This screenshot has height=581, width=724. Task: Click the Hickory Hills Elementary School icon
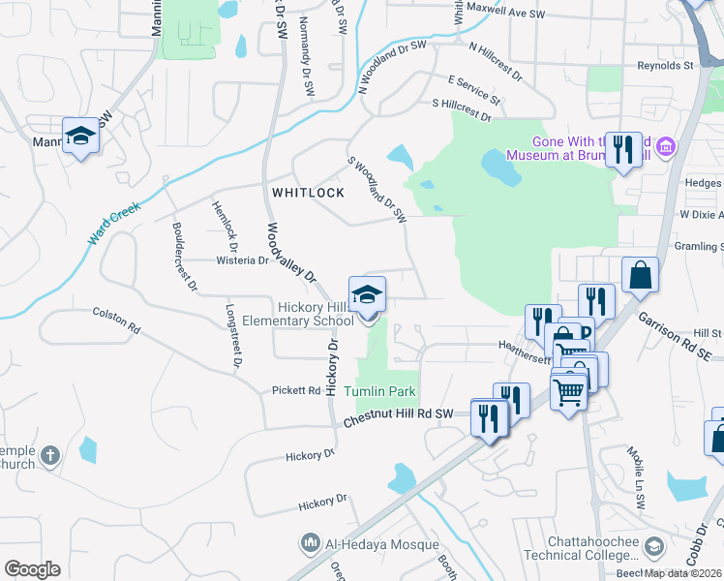(x=367, y=294)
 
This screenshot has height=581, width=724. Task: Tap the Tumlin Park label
(x=380, y=391)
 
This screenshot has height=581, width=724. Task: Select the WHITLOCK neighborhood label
(x=308, y=193)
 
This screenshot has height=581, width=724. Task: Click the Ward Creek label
(x=114, y=222)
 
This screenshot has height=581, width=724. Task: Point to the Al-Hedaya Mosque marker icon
(x=312, y=543)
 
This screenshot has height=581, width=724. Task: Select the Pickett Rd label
(x=301, y=390)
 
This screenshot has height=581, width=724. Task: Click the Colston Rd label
(x=116, y=321)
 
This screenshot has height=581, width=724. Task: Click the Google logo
(x=32, y=569)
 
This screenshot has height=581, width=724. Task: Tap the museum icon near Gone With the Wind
(x=665, y=148)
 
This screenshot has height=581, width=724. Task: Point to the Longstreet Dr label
(x=233, y=338)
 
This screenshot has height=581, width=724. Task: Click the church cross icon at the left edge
(x=51, y=454)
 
